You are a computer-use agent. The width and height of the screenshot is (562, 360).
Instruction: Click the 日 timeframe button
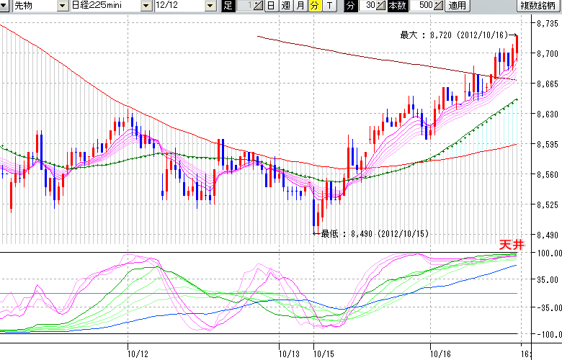(271, 6)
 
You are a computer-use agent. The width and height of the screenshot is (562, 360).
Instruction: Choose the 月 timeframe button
(299, 6)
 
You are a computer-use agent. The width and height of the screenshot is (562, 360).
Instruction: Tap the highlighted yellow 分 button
(313, 6)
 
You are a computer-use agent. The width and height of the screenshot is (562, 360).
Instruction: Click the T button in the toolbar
(329, 6)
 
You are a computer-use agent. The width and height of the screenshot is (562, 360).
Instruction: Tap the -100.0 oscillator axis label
(547, 335)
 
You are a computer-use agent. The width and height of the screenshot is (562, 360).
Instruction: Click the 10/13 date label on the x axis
(289, 354)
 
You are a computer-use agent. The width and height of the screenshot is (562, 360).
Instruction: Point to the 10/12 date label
(137, 354)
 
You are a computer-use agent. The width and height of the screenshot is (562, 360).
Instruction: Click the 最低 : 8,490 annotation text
(375, 233)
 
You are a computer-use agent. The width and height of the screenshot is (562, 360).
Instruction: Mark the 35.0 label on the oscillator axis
(547, 280)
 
